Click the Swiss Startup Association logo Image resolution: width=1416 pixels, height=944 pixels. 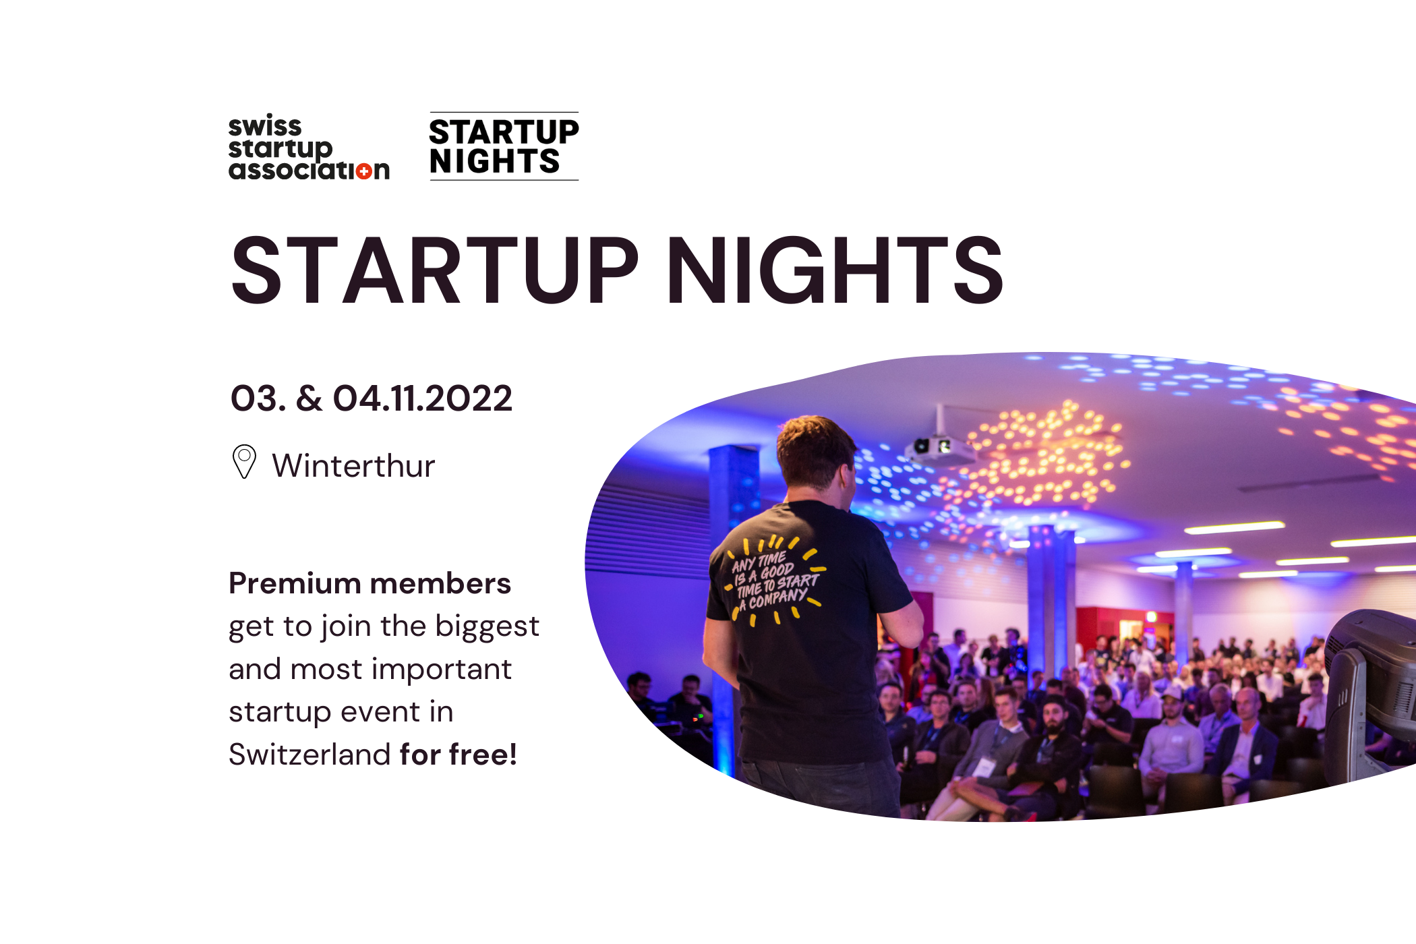(309, 148)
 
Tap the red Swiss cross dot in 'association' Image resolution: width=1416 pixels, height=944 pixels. (364, 171)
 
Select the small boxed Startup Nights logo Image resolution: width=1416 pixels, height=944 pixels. (504, 146)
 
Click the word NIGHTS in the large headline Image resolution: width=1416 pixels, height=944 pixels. (835, 270)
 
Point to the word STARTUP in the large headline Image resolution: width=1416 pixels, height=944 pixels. (434, 270)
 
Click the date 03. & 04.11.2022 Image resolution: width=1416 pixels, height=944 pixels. (372, 398)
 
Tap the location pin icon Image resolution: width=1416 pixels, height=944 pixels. (244, 462)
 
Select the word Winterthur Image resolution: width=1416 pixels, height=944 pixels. (353, 465)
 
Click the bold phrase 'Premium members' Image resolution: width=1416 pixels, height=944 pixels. (370, 583)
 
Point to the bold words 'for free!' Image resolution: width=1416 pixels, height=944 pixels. (459, 754)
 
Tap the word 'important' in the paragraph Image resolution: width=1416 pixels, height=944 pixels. (442, 670)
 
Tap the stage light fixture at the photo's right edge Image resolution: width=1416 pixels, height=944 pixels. (1372, 695)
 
